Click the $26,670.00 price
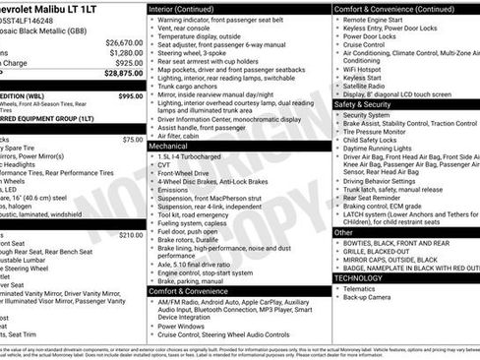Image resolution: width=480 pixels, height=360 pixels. (124, 42)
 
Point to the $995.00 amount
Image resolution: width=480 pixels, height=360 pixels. (130, 97)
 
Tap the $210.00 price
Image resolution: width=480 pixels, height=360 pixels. (130, 235)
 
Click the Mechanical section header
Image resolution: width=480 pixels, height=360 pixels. (170, 145)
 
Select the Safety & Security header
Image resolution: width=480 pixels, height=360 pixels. (362, 103)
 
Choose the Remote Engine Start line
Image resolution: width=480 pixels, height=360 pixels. (375, 19)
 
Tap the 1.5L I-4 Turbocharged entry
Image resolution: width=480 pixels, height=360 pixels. (196, 155)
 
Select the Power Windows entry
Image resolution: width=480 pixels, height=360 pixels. (182, 326)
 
